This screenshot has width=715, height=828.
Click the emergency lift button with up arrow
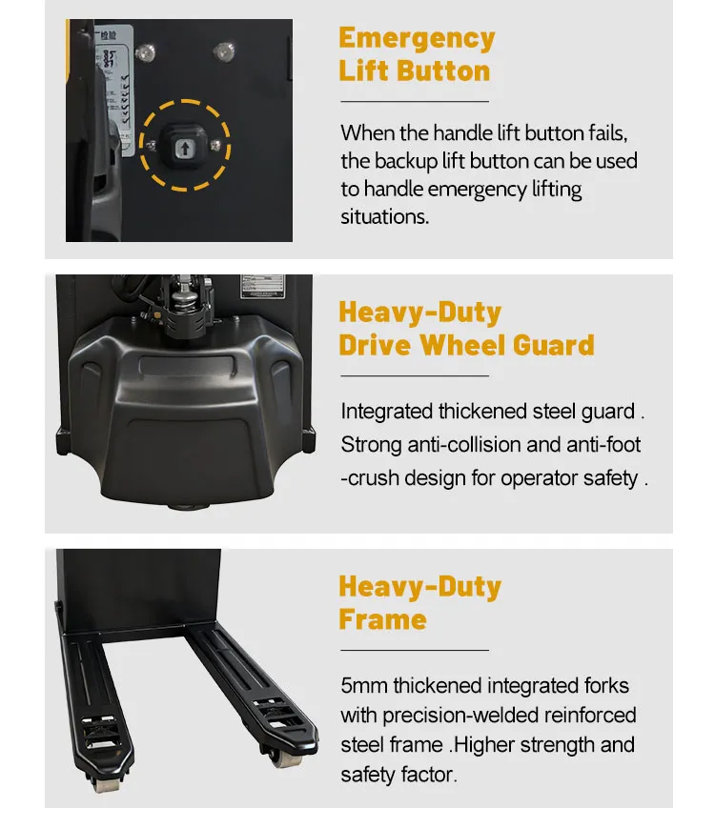click(184, 148)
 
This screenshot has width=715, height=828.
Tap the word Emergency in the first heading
click(417, 38)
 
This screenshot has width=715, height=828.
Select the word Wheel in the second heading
click(462, 345)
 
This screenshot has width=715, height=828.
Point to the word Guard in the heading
click(553, 345)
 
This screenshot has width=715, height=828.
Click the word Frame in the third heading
click(382, 619)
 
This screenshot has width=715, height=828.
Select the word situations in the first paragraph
click(385, 216)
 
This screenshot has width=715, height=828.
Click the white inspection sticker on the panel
click(113, 90)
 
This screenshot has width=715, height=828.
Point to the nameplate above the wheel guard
click(262, 287)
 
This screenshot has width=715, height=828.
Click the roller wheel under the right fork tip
click(285, 759)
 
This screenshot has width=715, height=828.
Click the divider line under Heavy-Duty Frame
click(415, 650)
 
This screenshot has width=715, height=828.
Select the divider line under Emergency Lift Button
click(415, 101)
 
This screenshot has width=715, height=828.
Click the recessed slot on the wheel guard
click(187, 366)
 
